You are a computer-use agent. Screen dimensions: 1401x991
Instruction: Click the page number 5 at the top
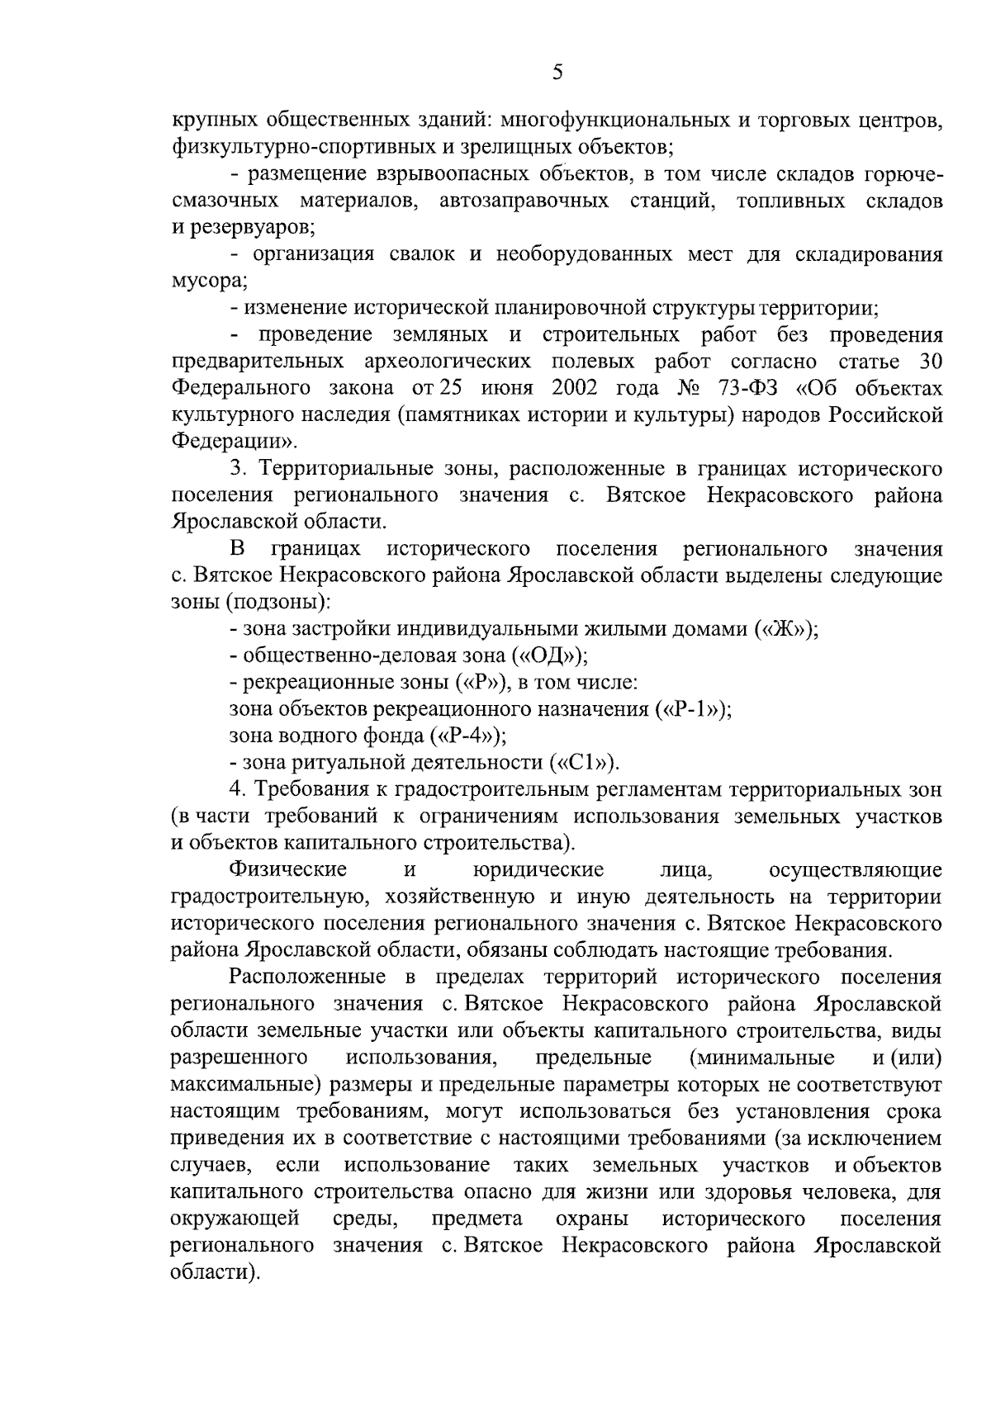[557, 73]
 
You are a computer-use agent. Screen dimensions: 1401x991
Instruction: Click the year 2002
[577, 388]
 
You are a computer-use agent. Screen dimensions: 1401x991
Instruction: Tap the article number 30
[930, 362]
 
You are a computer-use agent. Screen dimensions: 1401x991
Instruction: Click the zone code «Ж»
[785, 629]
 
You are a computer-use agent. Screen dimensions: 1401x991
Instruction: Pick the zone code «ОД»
[549, 656]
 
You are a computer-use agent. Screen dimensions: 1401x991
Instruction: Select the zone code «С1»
[583, 762]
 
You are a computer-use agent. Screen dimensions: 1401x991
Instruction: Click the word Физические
[288, 869]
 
